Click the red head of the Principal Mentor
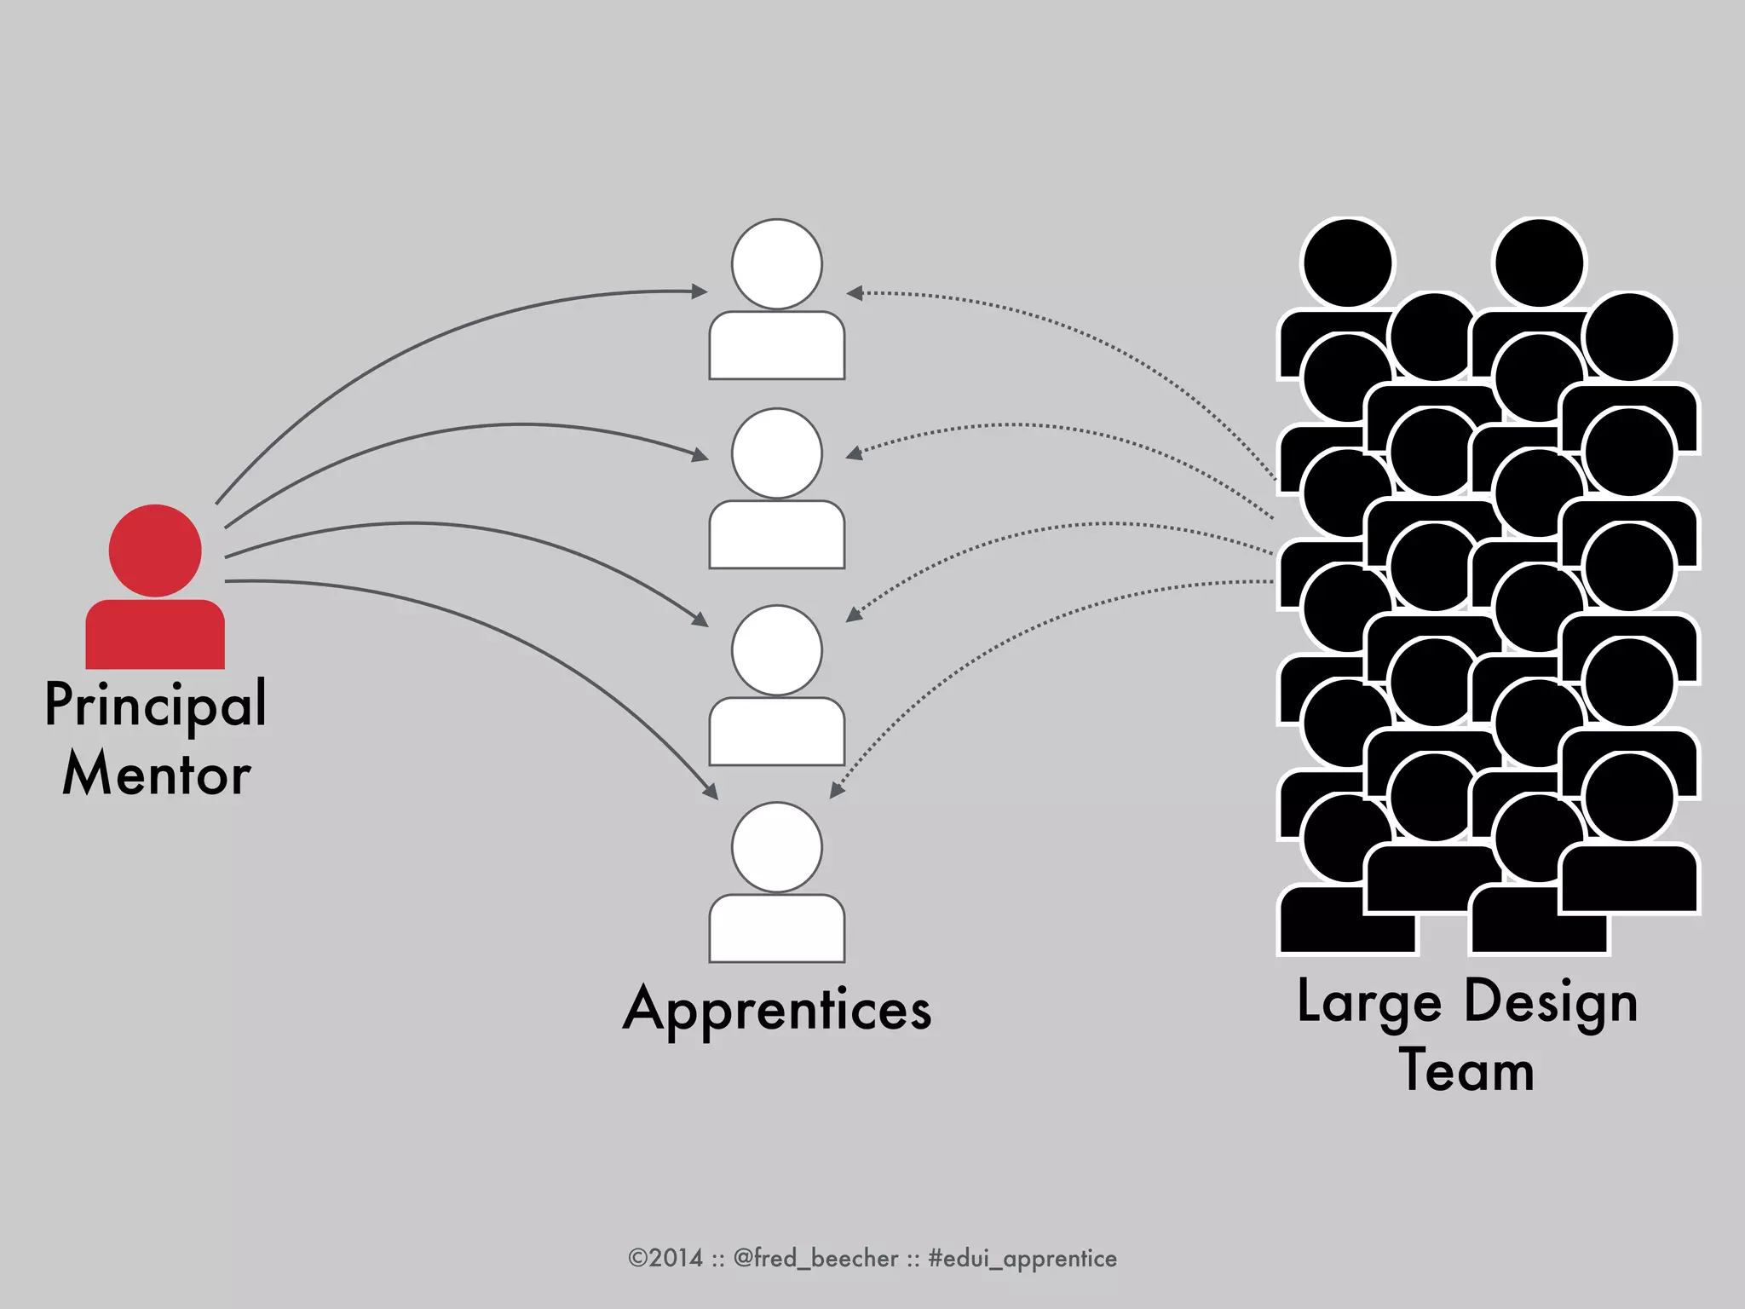(x=155, y=550)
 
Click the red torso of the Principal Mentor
(x=155, y=635)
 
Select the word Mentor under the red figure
(x=157, y=775)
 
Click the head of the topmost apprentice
(x=776, y=263)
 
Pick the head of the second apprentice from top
(x=776, y=453)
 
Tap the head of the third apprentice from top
(x=776, y=649)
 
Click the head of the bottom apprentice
(x=776, y=846)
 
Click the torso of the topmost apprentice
(x=776, y=345)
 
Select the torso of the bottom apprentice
(x=776, y=928)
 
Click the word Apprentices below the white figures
(x=777, y=1010)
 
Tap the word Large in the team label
(x=1368, y=1002)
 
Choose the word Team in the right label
(x=1466, y=1071)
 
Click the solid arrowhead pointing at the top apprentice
(x=700, y=291)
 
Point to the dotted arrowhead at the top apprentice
(x=855, y=293)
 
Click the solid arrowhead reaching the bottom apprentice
(x=711, y=792)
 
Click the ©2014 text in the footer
(x=665, y=1258)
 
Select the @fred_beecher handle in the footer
(x=815, y=1258)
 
